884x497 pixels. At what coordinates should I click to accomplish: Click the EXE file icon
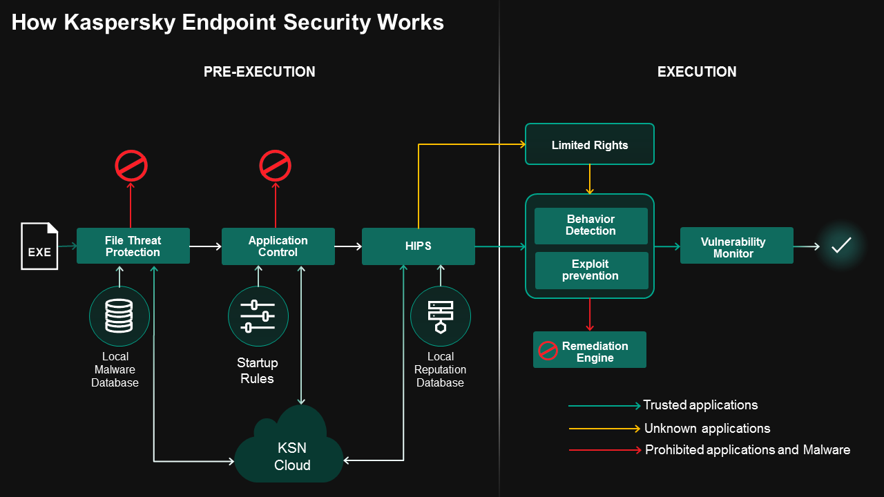click(39, 246)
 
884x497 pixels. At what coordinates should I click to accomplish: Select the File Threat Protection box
click(133, 246)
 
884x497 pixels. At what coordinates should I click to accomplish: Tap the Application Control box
click(278, 246)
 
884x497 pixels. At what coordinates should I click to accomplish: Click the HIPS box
click(418, 246)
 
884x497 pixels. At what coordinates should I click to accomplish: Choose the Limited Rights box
click(589, 144)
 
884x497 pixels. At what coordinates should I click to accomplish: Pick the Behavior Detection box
click(590, 226)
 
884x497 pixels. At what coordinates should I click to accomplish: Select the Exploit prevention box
click(590, 270)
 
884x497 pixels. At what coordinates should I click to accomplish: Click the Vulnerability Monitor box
click(736, 246)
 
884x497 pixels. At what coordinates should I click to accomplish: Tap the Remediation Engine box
click(589, 350)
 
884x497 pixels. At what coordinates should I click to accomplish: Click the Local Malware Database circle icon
click(119, 317)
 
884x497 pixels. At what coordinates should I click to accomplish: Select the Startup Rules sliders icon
click(258, 317)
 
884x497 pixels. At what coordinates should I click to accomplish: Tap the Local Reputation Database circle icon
click(440, 317)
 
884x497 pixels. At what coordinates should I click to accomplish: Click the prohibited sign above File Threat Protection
click(131, 166)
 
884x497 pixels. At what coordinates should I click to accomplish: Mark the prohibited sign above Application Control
click(275, 166)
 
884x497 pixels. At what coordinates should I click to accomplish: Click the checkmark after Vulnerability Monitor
click(840, 245)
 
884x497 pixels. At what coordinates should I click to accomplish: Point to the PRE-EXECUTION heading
click(259, 72)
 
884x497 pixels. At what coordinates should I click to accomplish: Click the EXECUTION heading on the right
click(696, 72)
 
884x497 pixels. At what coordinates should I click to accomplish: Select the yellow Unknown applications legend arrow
click(604, 429)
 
